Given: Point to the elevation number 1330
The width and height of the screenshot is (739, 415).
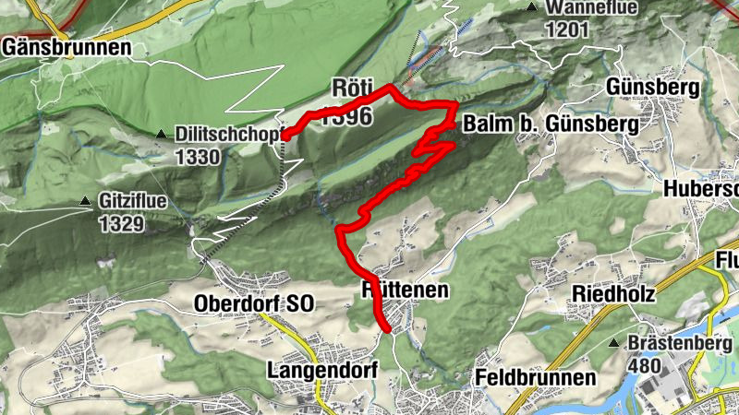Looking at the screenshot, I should (198, 157).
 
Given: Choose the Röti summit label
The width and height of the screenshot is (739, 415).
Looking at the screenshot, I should (352, 89).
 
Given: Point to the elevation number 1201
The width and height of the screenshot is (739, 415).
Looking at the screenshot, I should (567, 30).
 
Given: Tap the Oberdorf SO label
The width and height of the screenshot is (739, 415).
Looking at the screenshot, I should (254, 303).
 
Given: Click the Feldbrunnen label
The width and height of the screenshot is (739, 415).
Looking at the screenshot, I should (536, 377).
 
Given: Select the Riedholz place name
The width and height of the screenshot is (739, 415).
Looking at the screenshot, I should (613, 295).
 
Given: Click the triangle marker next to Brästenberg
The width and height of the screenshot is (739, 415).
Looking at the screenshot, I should (614, 344).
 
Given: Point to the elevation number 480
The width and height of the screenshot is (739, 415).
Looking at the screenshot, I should (644, 366).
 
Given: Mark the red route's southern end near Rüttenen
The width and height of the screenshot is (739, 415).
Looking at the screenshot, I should (386, 326).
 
